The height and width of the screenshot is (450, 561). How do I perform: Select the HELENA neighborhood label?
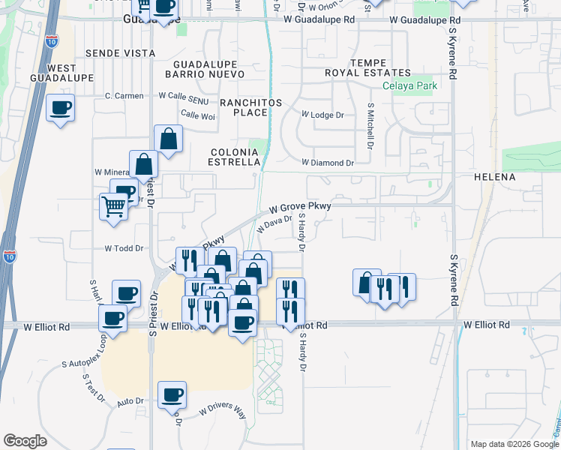[x=494, y=177]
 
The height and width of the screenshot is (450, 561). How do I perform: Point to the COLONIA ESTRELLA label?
[x=235, y=157]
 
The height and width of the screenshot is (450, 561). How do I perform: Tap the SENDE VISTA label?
[x=120, y=53]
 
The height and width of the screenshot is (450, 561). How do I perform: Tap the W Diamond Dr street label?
[x=327, y=162]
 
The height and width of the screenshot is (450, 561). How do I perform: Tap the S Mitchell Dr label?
[x=370, y=125]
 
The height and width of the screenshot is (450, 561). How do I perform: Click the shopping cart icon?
[x=114, y=205]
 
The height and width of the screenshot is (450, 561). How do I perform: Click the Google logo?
[x=25, y=441]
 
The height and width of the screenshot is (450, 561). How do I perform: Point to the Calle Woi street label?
[x=198, y=115]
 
